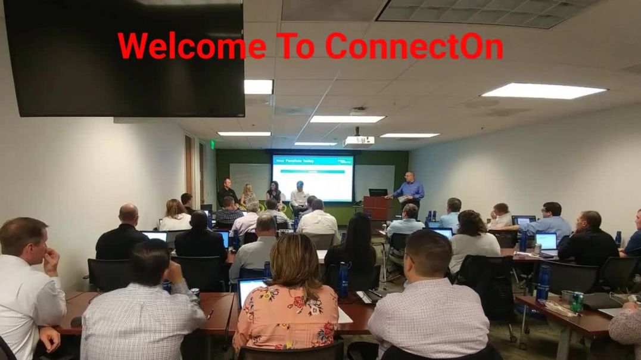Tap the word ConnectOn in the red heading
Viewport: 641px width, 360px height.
click(414, 46)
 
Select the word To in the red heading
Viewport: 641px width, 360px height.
click(295, 46)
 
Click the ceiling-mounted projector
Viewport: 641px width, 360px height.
click(359, 140)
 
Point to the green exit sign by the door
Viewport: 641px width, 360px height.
click(212, 144)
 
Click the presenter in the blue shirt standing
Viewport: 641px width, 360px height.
click(410, 190)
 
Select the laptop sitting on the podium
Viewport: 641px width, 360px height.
click(378, 193)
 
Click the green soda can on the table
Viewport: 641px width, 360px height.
click(577, 302)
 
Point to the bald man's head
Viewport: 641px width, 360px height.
click(128, 213)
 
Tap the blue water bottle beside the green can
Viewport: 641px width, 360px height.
click(543, 284)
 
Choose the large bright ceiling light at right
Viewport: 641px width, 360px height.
click(543, 91)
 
